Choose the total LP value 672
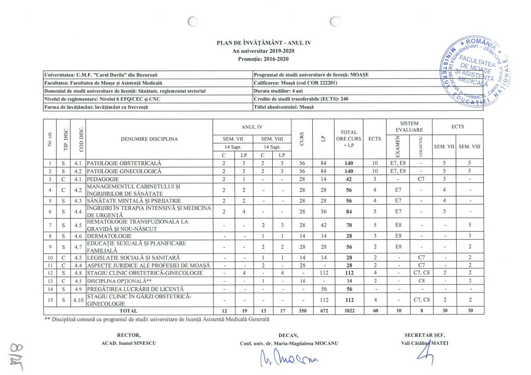tap(323, 311)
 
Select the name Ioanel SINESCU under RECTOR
tap(129, 343)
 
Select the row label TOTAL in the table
tap(129, 311)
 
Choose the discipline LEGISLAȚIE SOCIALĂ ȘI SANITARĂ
tap(133, 257)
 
